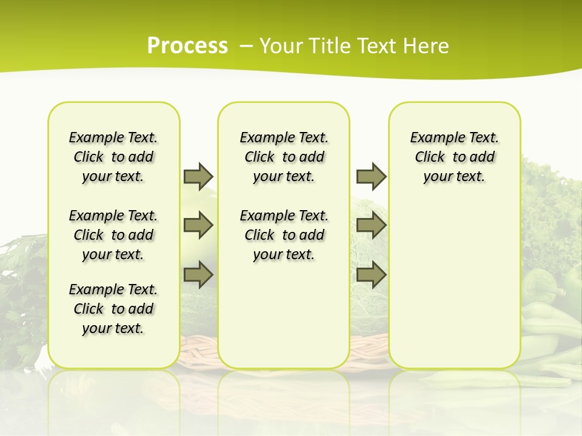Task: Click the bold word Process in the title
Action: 187,46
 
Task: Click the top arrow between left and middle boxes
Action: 198,176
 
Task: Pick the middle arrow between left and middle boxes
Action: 198,225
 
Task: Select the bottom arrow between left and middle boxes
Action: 198,274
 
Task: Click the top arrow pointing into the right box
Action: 371,176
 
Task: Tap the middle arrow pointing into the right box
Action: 371,225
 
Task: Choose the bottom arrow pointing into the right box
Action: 371,274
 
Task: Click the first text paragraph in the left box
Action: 113,157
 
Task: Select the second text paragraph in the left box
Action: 113,235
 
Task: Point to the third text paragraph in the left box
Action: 113,309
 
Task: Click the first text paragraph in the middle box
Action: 284,157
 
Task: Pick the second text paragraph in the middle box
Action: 284,235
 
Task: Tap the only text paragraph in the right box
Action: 454,157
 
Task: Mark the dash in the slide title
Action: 246,46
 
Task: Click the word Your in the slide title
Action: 281,46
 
